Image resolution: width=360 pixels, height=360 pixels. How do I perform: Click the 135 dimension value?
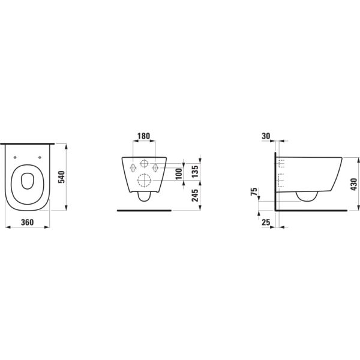coord(194,171)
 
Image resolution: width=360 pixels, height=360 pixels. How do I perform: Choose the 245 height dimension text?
coord(194,195)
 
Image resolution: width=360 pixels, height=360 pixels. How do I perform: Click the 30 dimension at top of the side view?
coord(266,136)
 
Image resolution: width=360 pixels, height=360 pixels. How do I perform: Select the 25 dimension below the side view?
coord(266,222)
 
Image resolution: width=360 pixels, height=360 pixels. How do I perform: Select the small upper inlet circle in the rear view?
coord(144,165)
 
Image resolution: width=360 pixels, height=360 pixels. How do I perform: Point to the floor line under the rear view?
coord(144,211)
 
